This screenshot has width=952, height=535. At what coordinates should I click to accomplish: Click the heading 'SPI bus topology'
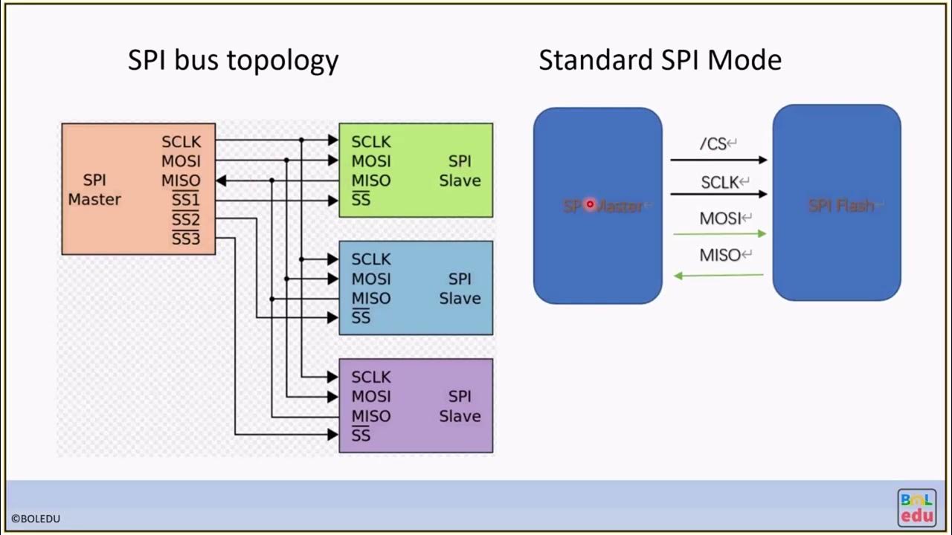coord(233,60)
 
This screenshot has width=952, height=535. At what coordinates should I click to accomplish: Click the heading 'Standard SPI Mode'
coord(660,60)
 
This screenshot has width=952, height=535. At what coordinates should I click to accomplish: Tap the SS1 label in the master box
coord(185,200)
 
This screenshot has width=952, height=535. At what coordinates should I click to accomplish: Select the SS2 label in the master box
coord(185,219)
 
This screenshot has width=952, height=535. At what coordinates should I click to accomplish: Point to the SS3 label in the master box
coord(185,239)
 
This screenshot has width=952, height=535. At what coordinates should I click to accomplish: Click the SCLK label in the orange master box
coord(181,141)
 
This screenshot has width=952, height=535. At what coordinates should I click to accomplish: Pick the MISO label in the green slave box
coord(370,181)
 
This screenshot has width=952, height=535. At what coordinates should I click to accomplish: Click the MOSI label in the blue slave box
coord(370,279)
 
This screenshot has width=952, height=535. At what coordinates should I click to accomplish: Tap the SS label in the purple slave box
coord(361,435)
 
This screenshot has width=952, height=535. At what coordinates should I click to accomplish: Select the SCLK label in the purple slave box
coord(370,377)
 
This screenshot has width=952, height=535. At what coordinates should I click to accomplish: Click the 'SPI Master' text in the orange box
coord(94,189)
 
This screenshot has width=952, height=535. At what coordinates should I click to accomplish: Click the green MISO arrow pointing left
coord(718,276)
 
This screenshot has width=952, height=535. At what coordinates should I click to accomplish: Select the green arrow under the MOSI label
coord(718,234)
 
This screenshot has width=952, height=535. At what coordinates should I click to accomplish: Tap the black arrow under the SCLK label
coord(718,194)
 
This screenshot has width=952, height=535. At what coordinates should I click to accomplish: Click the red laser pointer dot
coord(590,204)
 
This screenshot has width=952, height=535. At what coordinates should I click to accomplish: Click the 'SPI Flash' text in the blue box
coord(840,206)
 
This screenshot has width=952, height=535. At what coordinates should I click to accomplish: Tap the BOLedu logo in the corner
coord(916,508)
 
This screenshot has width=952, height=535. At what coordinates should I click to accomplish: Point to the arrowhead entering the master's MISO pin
coord(221,181)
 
